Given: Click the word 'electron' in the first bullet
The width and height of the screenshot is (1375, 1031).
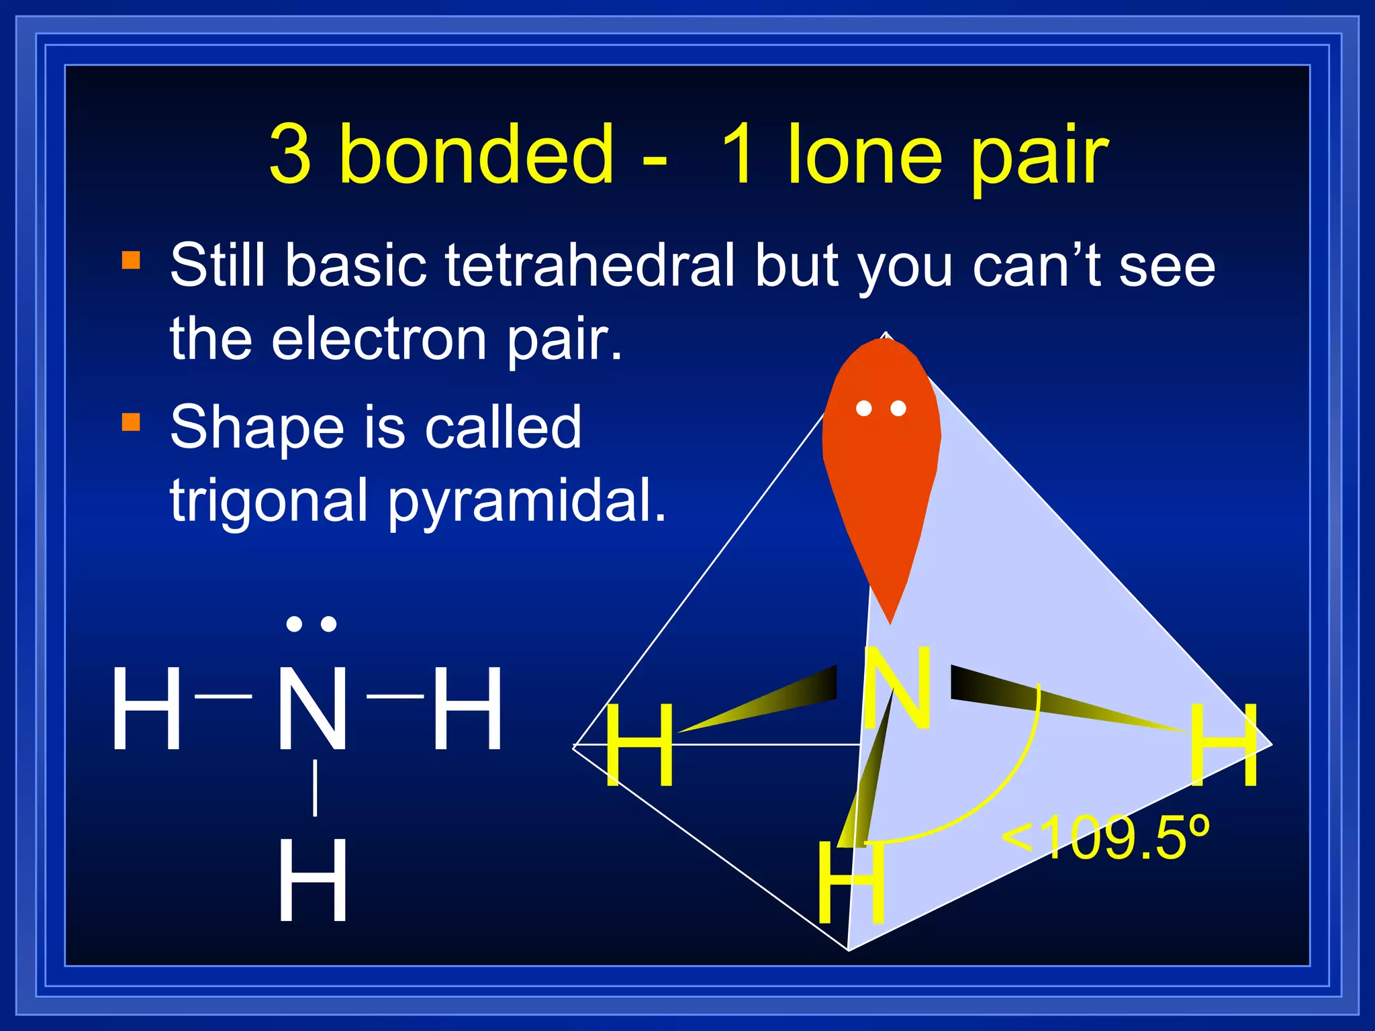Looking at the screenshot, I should click(379, 338).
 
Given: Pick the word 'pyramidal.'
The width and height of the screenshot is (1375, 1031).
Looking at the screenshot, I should click(527, 501).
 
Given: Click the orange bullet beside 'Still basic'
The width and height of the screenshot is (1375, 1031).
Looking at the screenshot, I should click(131, 260).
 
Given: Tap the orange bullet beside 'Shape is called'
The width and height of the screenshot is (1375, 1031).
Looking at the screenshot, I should click(131, 422).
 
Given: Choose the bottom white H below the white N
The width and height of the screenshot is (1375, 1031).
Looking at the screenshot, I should click(313, 881).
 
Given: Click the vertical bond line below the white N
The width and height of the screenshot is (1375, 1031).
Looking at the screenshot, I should click(314, 788).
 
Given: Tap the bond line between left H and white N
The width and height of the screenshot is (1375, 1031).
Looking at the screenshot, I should click(224, 697).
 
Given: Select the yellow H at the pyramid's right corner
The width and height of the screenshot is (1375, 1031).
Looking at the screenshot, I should click(1223, 745).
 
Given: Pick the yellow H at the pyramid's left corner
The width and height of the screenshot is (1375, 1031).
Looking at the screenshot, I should click(639, 745).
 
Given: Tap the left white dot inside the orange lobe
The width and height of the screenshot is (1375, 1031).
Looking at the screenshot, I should click(864, 408).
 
